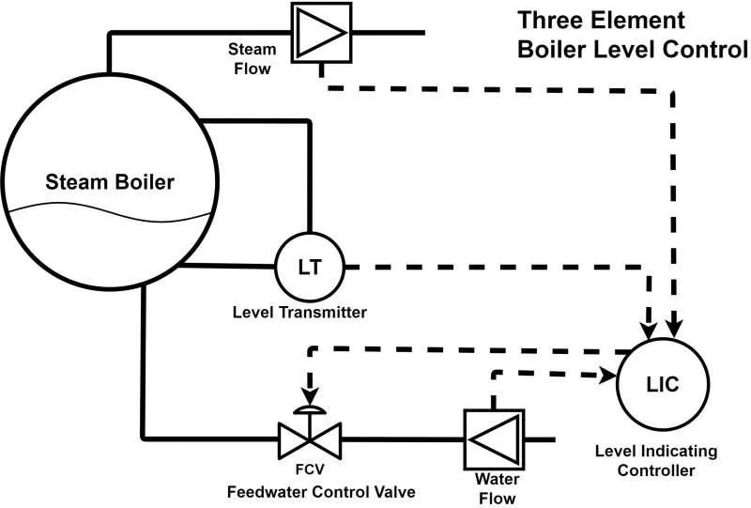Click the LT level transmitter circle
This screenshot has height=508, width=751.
coord(309,266)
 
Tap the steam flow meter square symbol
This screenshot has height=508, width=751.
coord(322,32)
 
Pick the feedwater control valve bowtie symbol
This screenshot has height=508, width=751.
coord(310,439)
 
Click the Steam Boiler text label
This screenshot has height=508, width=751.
coord(112,182)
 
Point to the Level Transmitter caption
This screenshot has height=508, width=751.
coord(299,311)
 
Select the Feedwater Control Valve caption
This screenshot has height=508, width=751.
coord(321,491)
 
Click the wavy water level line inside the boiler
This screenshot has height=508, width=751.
coord(112,210)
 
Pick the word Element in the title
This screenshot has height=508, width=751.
coord(640,21)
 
